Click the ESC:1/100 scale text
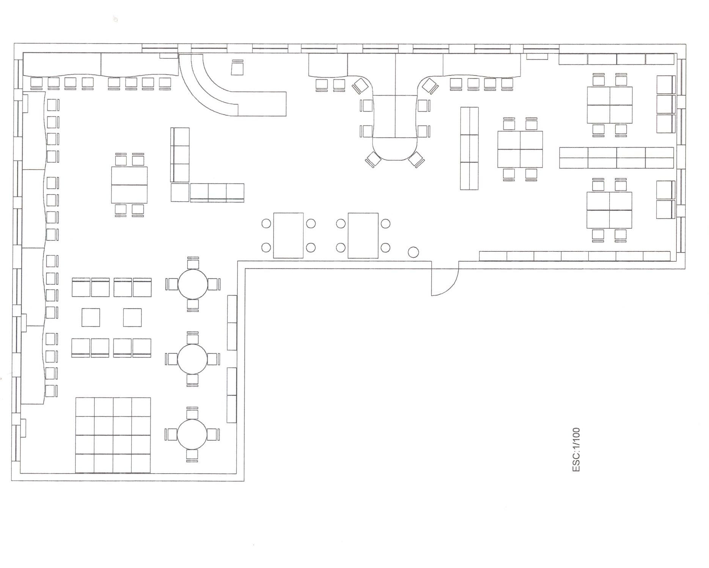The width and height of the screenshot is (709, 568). click(x=576, y=450)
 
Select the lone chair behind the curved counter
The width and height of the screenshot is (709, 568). click(x=237, y=67)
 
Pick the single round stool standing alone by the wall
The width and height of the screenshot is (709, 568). click(x=413, y=252)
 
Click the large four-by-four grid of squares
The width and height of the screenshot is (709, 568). click(x=113, y=435)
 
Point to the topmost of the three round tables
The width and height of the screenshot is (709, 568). click(x=193, y=284)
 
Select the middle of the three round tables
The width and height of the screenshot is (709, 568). click(x=193, y=359)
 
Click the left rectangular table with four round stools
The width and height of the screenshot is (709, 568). click(x=288, y=235)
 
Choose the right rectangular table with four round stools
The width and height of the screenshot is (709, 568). click(x=363, y=235)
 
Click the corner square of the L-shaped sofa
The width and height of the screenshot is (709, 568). click(x=180, y=193)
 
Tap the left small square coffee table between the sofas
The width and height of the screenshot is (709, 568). click(x=91, y=317)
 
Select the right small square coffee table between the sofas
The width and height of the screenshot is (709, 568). click(x=132, y=317)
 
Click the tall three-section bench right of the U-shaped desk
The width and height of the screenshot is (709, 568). click(x=469, y=148)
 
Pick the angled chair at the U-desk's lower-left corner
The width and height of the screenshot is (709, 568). click(x=373, y=159)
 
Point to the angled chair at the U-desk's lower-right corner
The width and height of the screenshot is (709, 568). click(x=416, y=159)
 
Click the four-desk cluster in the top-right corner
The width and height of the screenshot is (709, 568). click(x=610, y=105)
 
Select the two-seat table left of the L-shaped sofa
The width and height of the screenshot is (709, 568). click(x=129, y=185)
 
